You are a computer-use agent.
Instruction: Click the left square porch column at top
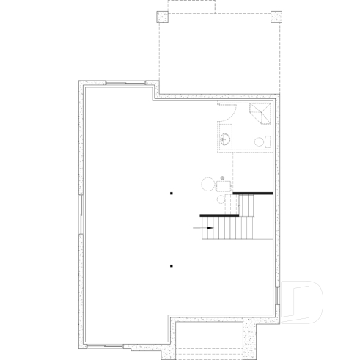coord(162,17)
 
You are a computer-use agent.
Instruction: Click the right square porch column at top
coord(276,17)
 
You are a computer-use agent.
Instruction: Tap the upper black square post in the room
coord(171,194)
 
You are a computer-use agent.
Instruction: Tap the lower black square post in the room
coord(171,265)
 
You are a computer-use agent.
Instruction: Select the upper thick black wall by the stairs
coord(253,193)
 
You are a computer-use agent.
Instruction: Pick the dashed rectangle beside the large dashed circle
coord(224,187)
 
